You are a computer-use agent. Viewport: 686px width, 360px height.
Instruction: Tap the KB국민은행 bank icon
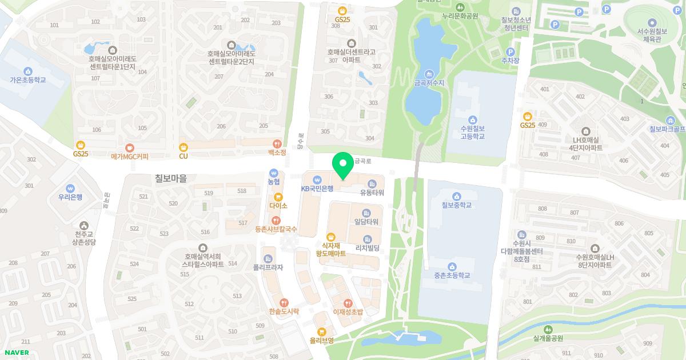317,179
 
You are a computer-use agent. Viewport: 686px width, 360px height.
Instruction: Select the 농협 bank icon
274,172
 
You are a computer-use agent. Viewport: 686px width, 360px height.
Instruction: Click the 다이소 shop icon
278,197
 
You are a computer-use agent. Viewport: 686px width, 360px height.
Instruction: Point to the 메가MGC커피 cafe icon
130,147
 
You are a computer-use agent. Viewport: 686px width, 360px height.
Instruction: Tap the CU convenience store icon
184,147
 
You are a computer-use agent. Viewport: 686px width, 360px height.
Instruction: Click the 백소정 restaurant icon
277,144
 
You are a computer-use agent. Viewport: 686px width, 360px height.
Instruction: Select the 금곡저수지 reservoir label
429,83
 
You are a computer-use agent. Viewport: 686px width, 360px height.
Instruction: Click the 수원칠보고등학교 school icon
472,119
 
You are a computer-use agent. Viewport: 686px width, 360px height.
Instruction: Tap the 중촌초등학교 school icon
452,266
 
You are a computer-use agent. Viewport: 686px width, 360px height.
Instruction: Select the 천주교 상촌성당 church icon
85,226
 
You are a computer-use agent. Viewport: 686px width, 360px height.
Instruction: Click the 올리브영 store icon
322,331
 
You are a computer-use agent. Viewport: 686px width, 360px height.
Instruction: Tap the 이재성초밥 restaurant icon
348,303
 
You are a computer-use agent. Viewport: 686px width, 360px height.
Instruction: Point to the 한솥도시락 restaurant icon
284,303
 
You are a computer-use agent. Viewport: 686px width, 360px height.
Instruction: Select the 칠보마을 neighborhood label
171,178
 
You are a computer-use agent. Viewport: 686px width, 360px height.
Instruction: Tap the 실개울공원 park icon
548,329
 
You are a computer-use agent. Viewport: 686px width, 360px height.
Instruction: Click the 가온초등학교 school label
27,80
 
